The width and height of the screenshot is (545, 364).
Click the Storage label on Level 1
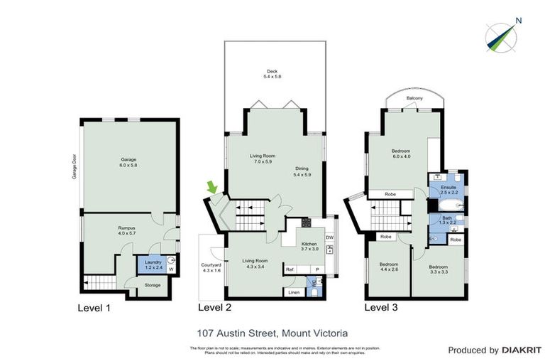pyautogui.click(x=153, y=285)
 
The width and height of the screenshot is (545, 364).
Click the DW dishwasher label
pyautogui.click(x=329, y=237)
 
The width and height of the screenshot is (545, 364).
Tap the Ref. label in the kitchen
pyautogui.click(x=290, y=270)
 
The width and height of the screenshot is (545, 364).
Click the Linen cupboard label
pyautogui.click(x=294, y=292)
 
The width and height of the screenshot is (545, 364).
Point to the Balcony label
pyautogui.click(x=415, y=98)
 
